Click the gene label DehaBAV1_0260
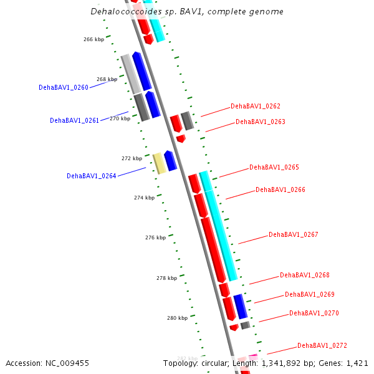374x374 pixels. [x=63, y=88]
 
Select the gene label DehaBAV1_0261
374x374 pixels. [x=74, y=121]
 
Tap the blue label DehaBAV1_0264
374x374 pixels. [x=91, y=176]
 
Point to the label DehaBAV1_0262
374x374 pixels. [x=256, y=107]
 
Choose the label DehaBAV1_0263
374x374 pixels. [x=261, y=122]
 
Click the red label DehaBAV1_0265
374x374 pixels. [x=274, y=168]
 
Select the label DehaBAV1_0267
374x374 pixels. [x=294, y=235]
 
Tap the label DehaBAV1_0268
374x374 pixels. [x=305, y=276]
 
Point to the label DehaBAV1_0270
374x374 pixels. [x=314, y=314]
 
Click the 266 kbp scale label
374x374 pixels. [x=93, y=39]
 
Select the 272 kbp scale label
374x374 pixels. [x=132, y=158]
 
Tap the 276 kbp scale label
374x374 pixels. [x=155, y=237]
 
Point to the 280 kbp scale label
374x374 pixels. [x=177, y=318]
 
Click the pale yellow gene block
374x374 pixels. [x=160, y=163]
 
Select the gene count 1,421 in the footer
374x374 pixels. [x=357, y=363]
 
